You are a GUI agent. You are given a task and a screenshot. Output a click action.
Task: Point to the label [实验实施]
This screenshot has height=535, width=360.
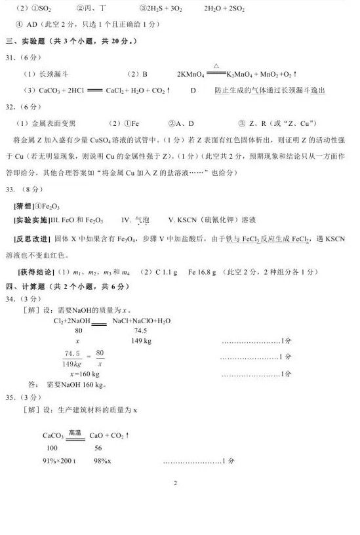point(31,221)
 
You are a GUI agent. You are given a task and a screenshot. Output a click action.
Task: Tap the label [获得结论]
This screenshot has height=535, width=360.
point(33,271)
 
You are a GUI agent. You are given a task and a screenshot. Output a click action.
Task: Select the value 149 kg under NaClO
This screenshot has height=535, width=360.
point(142,341)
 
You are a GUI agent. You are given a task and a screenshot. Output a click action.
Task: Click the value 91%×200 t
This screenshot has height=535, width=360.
point(59,461)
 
